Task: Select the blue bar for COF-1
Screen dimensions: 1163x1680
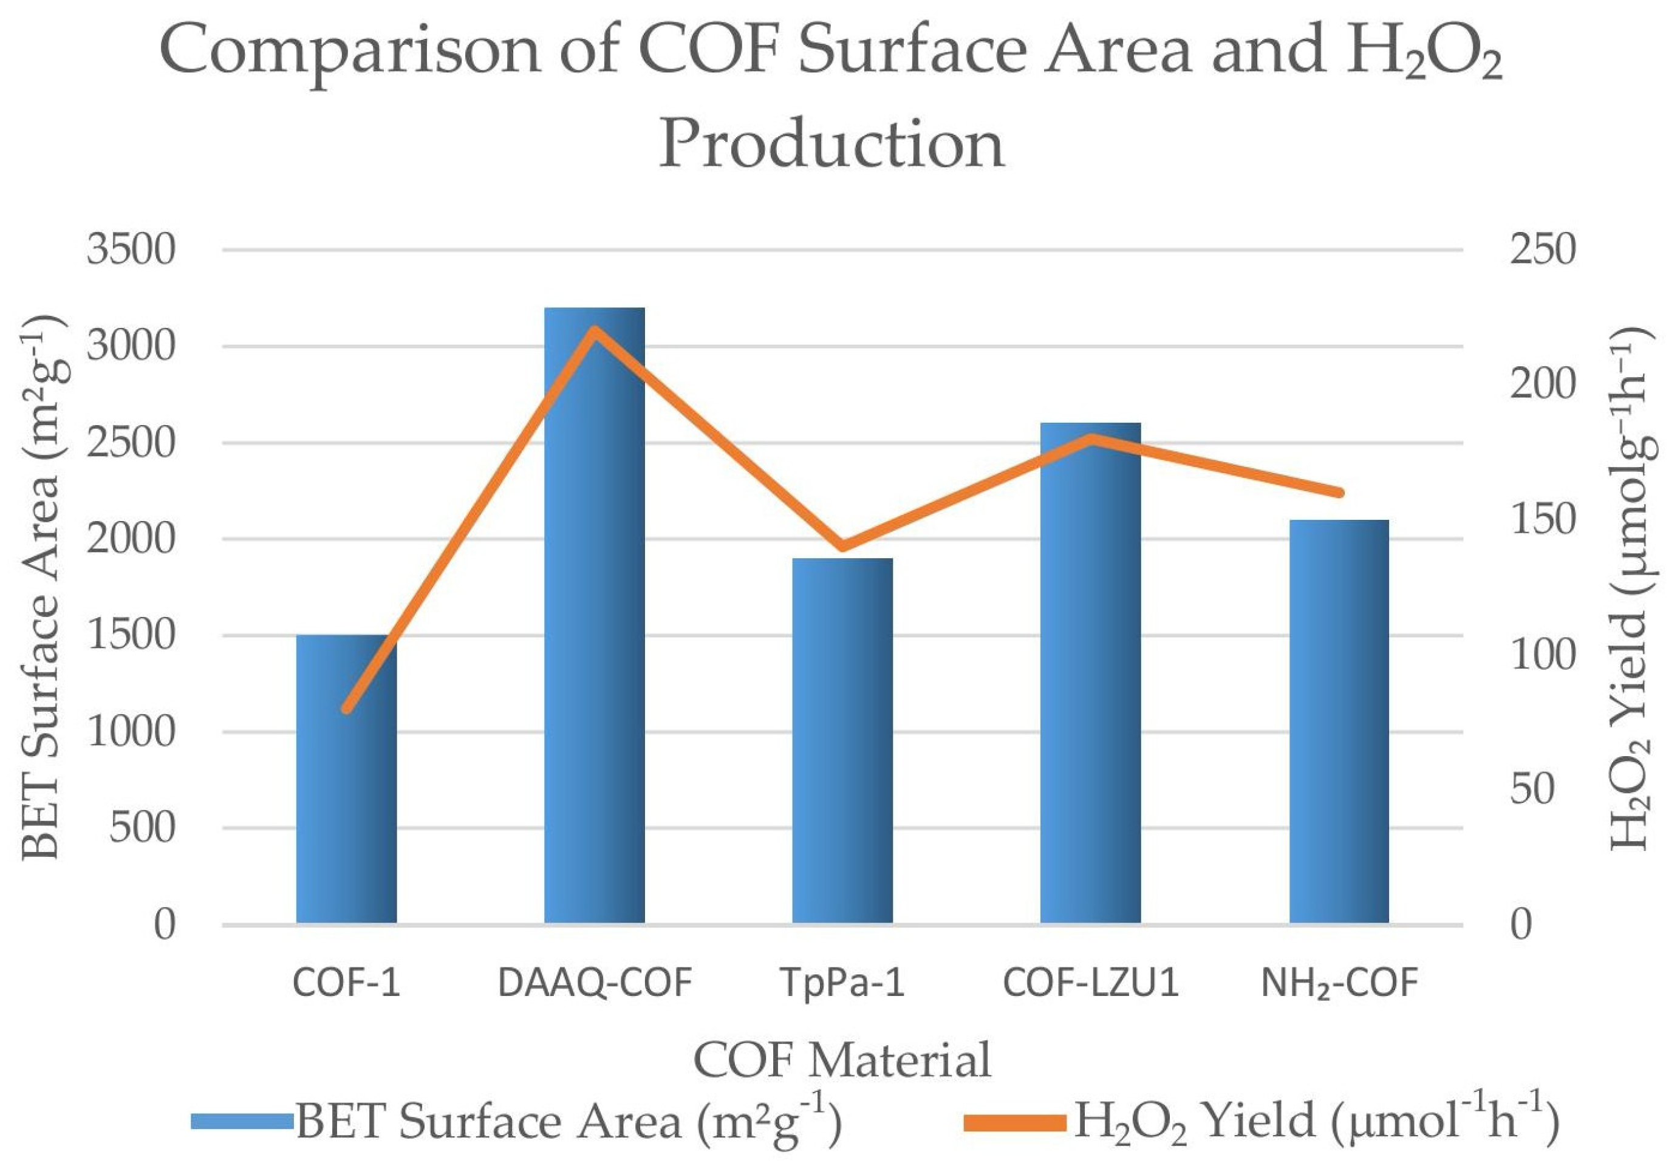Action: tap(346, 780)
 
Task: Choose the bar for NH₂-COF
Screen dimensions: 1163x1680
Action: tap(1339, 721)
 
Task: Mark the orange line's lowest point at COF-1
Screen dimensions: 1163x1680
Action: tap(347, 709)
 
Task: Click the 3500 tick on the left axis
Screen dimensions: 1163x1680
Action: tap(131, 250)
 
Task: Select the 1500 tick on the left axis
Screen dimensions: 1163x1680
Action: tap(131, 636)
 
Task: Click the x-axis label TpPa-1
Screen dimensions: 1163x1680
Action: tap(842, 983)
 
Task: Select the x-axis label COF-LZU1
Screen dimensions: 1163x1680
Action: tap(1090, 983)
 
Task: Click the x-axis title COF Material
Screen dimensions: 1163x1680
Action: tap(842, 1060)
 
